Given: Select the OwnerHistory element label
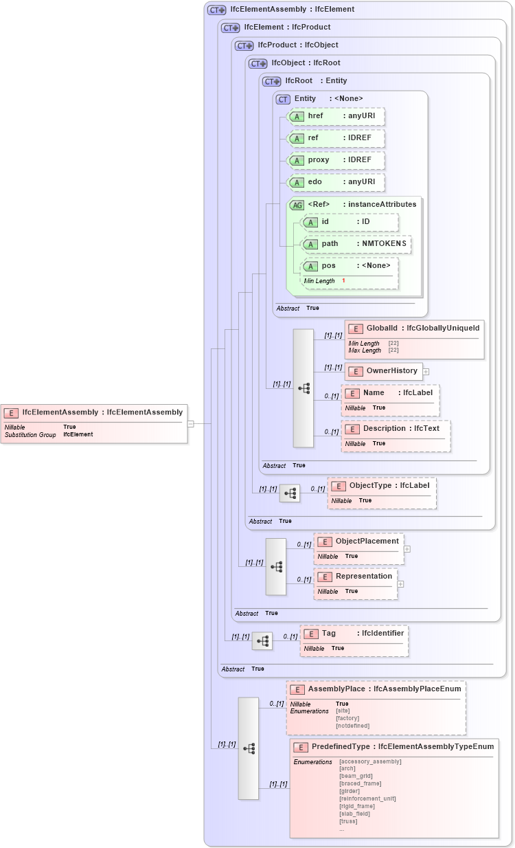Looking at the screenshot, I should click(391, 371).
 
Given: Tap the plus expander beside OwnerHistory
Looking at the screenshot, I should click(426, 372).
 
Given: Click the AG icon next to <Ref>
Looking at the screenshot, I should click(297, 205).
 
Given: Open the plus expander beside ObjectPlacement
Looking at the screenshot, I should click(407, 549).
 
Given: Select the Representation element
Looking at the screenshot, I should click(363, 576).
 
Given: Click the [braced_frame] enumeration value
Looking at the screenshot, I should click(360, 783).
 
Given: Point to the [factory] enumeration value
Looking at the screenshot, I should click(347, 718).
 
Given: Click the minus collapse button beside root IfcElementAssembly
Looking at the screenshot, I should click(191, 424).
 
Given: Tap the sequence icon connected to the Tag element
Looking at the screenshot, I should click(262, 641).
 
